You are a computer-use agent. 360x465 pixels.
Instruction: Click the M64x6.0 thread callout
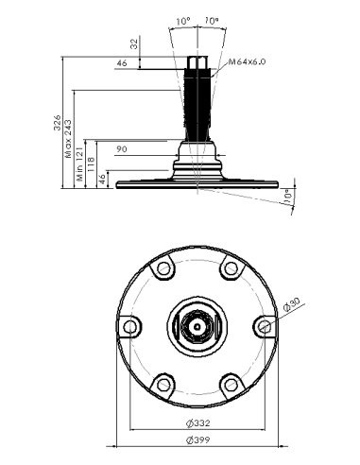pyautogui.click(x=247, y=61)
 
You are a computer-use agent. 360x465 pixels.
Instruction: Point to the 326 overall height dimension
pyautogui.click(x=58, y=123)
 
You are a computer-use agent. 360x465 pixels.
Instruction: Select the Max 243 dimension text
pyautogui.click(x=68, y=139)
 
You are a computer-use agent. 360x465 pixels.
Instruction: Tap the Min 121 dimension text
pyautogui.click(x=79, y=164)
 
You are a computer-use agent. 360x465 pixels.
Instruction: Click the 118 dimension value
pyautogui.click(x=91, y=164)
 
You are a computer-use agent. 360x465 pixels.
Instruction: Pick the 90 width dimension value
pyautogui.click(x=122, y=149)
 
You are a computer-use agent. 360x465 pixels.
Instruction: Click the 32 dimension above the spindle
pyautogui.click(x=134, y=43)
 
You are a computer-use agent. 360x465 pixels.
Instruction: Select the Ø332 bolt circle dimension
pyautogui.click(x=197, y=423)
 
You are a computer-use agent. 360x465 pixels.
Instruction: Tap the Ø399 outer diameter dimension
pyautogui.click(x=197, y=439)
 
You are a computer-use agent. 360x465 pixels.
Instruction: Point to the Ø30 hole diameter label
pyautogui.click(x=292, y=304)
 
